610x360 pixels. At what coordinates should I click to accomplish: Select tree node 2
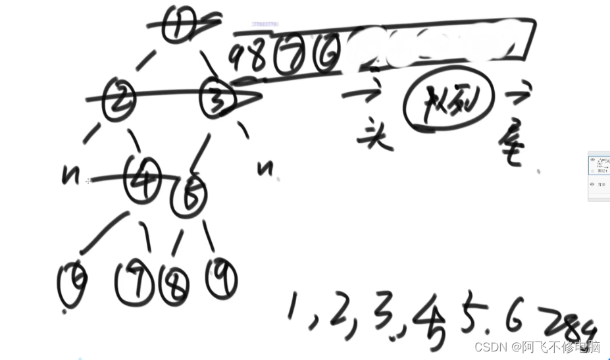point(119,101)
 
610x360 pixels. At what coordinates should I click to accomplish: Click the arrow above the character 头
point(363,94)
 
